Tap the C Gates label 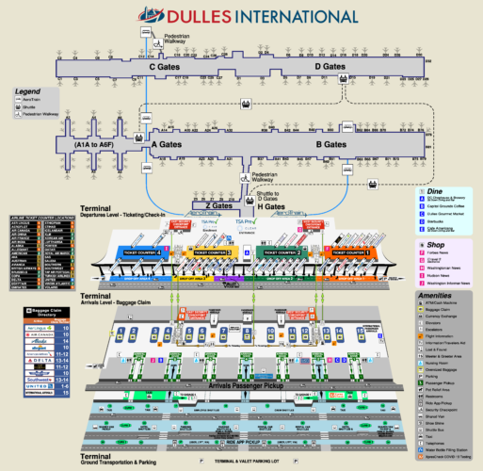[165, 67]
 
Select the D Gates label [330, 67]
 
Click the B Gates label [331, 145]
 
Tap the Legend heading [27, 90]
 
